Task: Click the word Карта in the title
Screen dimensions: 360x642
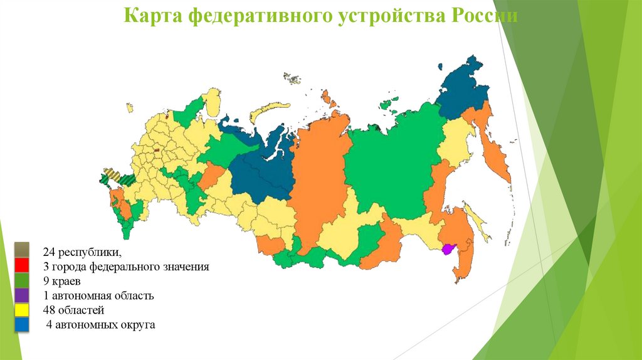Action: tap(147, 15)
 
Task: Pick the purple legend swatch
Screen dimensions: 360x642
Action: tap(21, 294)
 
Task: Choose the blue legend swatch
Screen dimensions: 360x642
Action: tap(21, 324)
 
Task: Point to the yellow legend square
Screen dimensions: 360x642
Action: tap(21, 309)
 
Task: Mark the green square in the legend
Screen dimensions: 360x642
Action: tap(21, 280)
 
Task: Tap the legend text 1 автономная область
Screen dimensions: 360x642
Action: tap(98, 295)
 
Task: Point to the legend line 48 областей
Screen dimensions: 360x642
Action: tap(73, 310)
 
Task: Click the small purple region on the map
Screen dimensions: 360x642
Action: tap(448, 249)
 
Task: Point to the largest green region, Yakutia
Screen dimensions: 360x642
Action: tap(389, 163)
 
